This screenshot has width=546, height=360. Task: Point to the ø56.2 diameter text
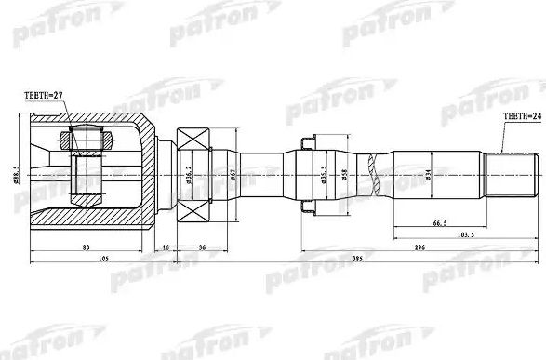[x=188, y=174]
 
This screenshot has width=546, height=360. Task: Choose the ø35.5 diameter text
[x=323, y=174]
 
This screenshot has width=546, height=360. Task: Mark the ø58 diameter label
[x=346, y=174]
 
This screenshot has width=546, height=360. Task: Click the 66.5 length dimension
[x=437, y=224]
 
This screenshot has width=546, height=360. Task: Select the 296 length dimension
[x=419, y=248]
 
